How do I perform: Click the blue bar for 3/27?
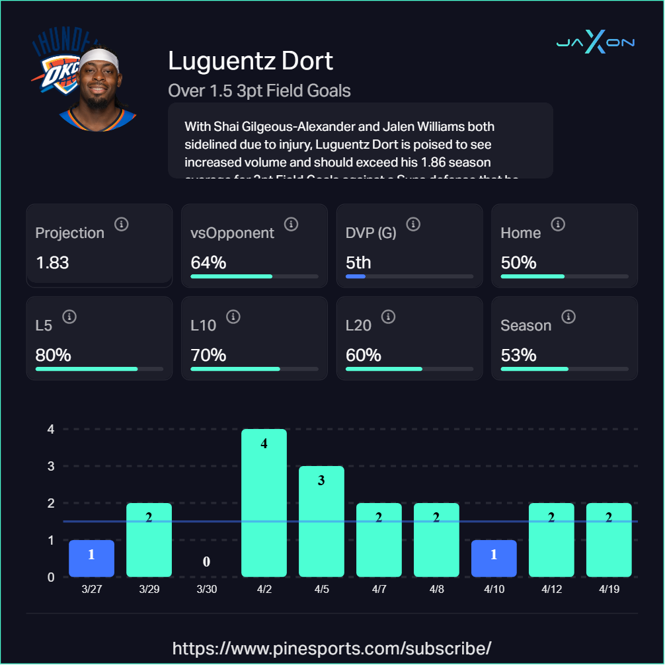(x=92, y=558)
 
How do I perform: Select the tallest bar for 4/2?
(x=264, y=502)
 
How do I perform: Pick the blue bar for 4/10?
(x=494, y=558)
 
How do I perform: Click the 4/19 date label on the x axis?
(x=609, y=590)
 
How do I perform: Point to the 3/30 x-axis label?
(x=206, y=590)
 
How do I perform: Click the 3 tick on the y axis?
(x=50, y=466)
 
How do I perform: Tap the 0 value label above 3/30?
(x=206, y=562)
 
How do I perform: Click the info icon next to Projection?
(x=121, y=224)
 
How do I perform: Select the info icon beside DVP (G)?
(x=413, y=224)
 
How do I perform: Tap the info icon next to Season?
(x=568, y=317)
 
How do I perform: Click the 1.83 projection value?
(x=52, y=262)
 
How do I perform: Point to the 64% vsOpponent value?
(x=208, y=262)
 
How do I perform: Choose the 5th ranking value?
(x=358, y=262)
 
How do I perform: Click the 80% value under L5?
(x=53, y=355)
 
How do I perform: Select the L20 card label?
(x=358, y=325)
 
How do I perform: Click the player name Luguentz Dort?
(x=251, y=61)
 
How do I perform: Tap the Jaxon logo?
(x=595, y=43)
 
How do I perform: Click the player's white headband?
(x=102, y=58)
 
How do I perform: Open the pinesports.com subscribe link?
(x=332, y=647)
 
